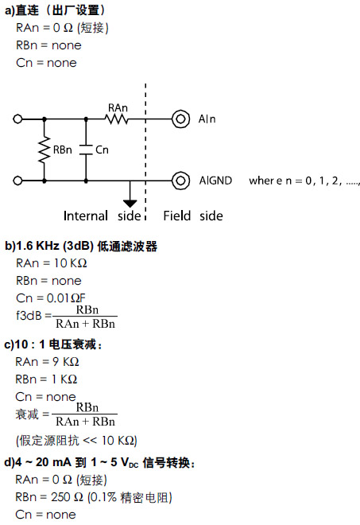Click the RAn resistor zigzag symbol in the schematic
[x=117, y=119]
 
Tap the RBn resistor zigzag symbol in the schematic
[x=44, y=150]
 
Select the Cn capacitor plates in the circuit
[x=86, y=150]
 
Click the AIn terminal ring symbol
[x=180, y=119]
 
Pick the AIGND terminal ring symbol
[x=180, y=181]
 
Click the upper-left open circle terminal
[x=17, y=119]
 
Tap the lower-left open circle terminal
[x=17, y=181]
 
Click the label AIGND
[x=215, y=181]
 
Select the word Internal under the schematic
[x=86, y=216]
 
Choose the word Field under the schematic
[x=177, y=216]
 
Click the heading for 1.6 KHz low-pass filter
[x=81, y=246]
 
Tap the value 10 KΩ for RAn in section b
[x=70, y=263]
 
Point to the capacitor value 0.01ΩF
[x=66, y=298]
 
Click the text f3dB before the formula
[x=29, y=316]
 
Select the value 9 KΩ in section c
[x=66, y=362]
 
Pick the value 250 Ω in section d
[x=67, y=497]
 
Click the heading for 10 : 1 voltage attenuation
[x=53, y=344]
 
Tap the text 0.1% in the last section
[x=103, y=497]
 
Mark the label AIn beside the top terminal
[x=207, y=119]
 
